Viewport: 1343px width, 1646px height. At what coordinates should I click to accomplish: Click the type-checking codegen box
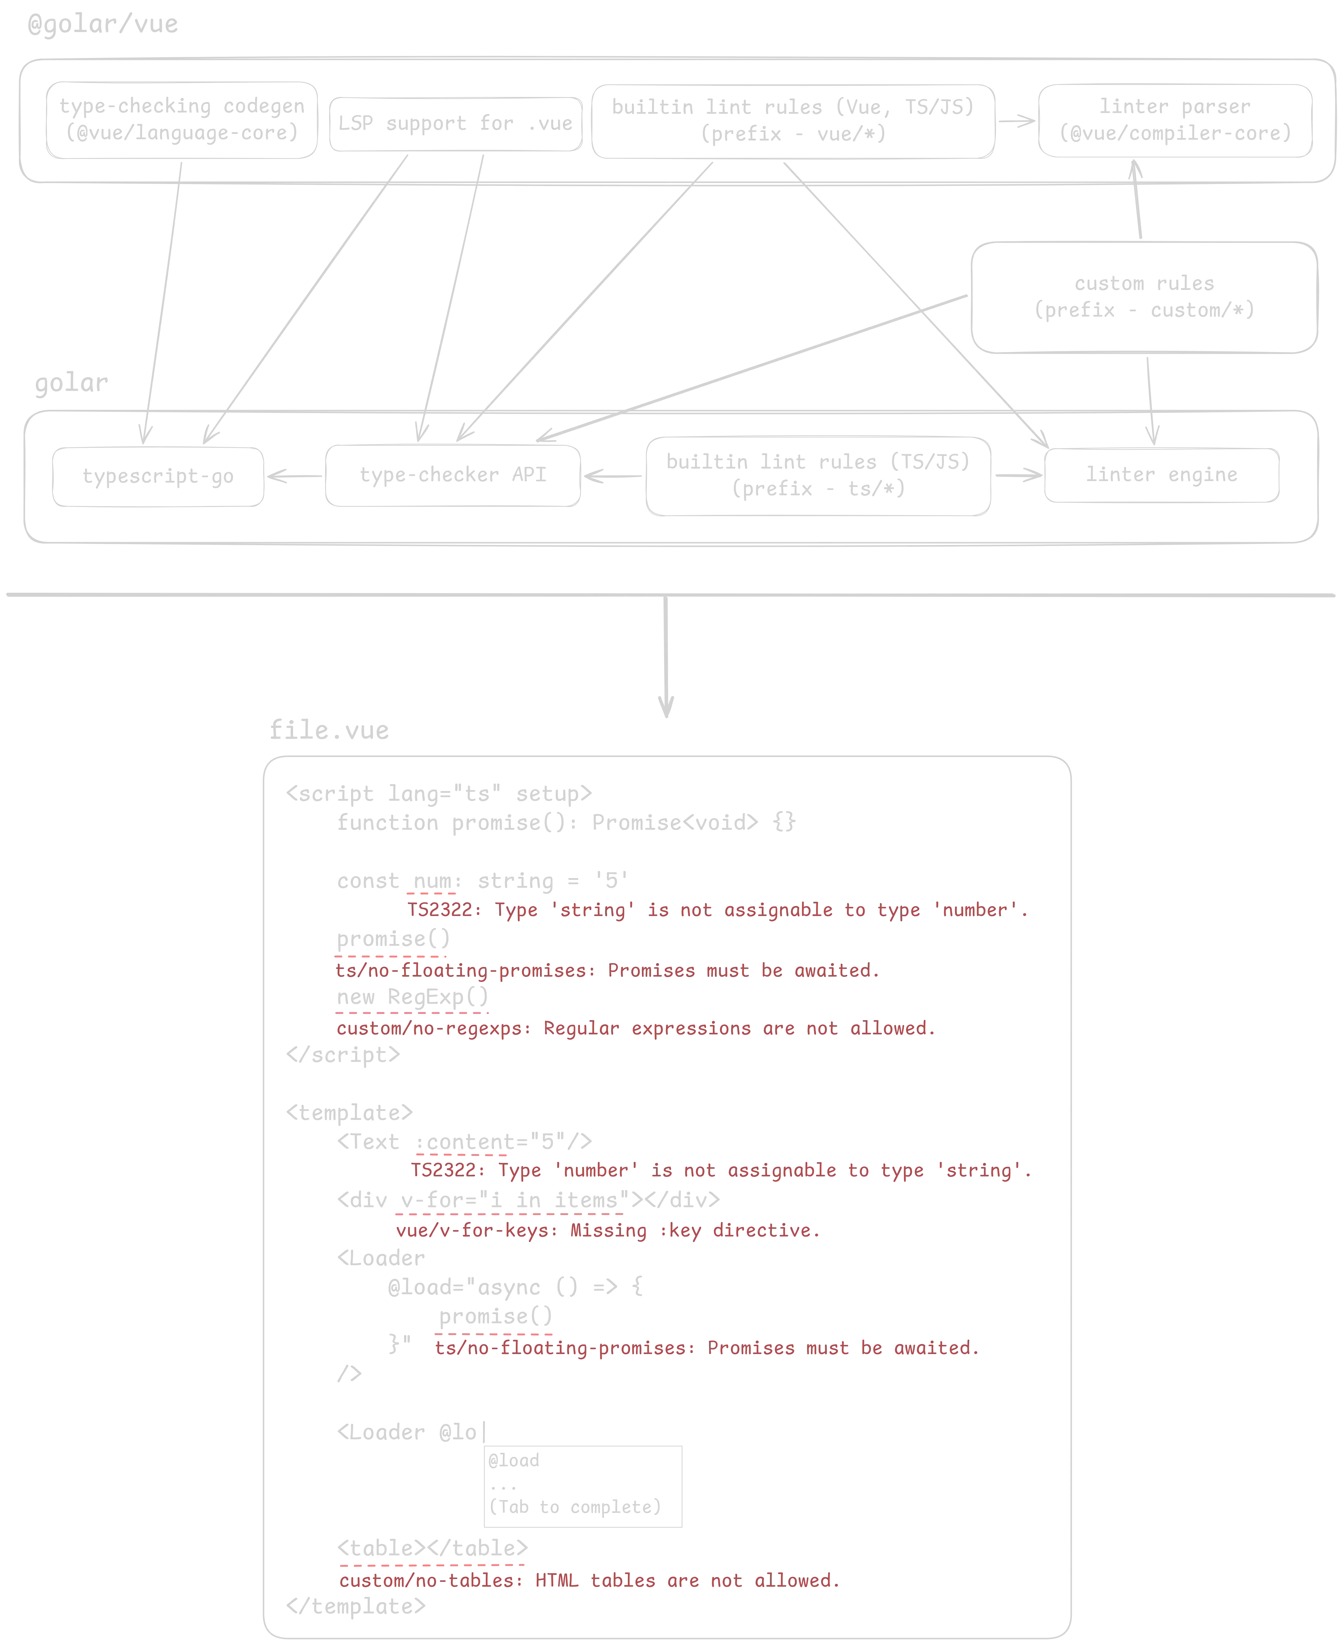(x=182, y=120)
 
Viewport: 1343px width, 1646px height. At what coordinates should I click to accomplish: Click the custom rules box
(x=1143, y=297)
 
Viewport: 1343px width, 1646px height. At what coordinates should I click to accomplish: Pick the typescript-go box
(x=158, y=476)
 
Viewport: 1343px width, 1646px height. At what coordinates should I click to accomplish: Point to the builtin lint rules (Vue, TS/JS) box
(x=793, y=120)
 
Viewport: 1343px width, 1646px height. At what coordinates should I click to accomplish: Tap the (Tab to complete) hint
(x=575, y=1507)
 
